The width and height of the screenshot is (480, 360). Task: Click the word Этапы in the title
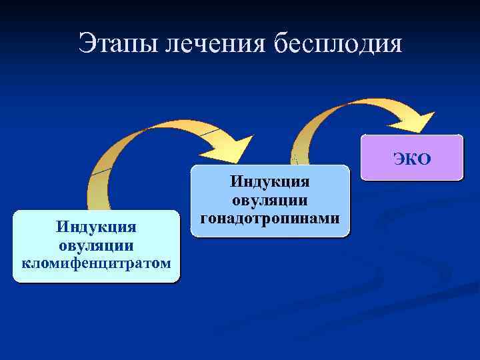pyautogui.click(x=117, y=44)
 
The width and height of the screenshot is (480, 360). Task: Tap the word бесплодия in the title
pyautogui.click(x=338, y=44)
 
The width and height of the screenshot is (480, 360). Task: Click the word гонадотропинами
pyautogui.click(x=269, y=218)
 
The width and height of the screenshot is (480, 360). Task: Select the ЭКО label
pyautogui.click(x=412, y=159)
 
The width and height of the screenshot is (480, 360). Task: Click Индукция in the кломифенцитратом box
pyautogui.click(x=97, y=229)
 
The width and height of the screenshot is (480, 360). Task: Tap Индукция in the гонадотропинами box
pyautogui.click(x=269, y=182)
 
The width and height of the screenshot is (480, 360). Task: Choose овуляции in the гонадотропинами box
pyautogui.click(x=269, y=200)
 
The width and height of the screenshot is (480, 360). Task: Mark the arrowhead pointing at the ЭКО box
pyautogui.click(x=417, y=122)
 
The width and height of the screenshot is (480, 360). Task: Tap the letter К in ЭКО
pyautogui.click(x=411, y=159)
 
